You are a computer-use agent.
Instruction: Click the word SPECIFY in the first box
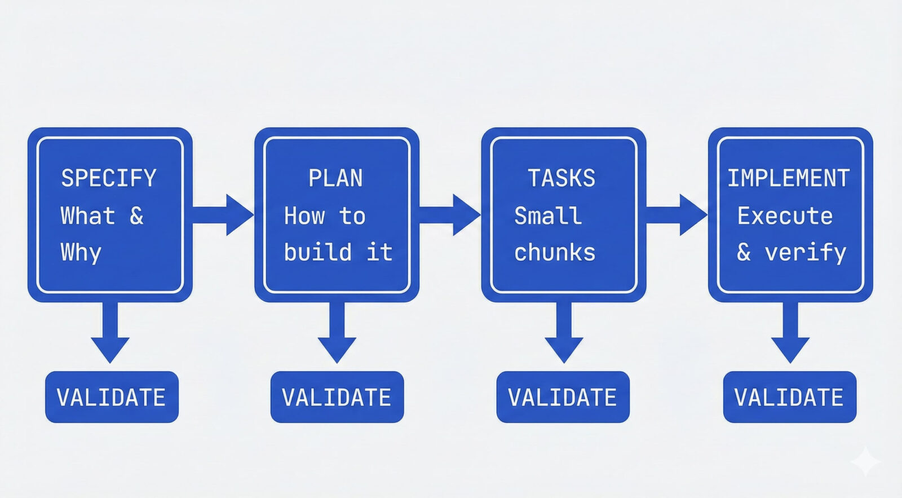pos(109,178)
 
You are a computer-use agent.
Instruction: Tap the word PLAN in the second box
pos(335,178)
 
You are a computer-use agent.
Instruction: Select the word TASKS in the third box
pos(561,178)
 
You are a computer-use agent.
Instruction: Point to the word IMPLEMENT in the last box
pos(788,178)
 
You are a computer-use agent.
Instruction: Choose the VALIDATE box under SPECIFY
pos(112,397)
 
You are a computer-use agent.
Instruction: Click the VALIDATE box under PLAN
pos(337,397)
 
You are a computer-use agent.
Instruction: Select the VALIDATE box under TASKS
pos(563,397)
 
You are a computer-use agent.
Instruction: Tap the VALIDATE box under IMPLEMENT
pos(789,397)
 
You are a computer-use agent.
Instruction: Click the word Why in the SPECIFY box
pos(81,253)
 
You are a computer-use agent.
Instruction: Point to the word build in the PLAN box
pos(318,252)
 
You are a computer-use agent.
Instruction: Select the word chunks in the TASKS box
pos(555,253)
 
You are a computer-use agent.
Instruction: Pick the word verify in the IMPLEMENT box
pos(806,253)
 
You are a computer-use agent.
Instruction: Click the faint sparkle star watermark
pos(865,462)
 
